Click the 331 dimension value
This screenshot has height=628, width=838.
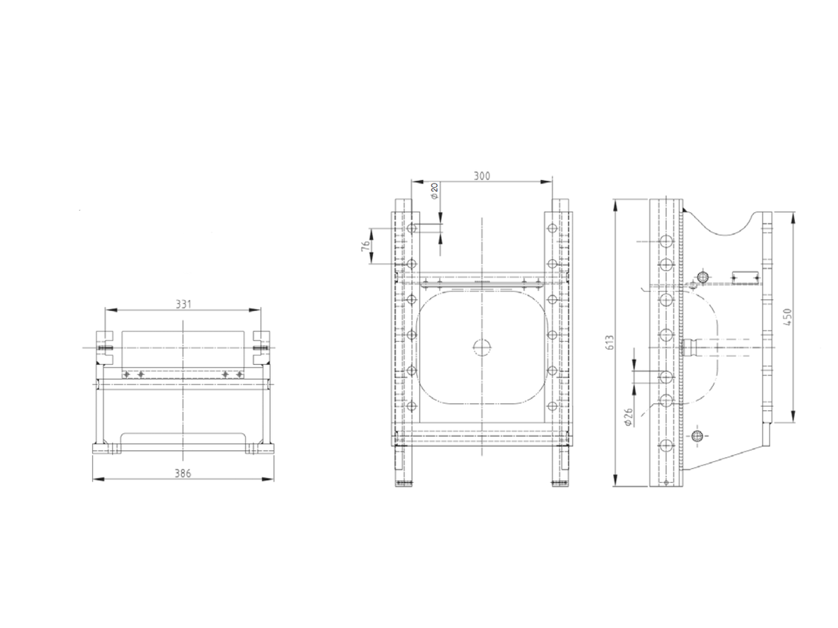pyautogui.click(x=182, y=304)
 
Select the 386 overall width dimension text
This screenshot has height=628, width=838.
pyautogui.click(x=182, y=472)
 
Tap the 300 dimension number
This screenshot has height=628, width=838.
pyautogui.click(x=482, y=176)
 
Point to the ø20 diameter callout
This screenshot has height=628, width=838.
pyautogui.click(x=434, y=190)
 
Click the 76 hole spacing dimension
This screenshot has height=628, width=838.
pyautogui.click(x=365, y=246)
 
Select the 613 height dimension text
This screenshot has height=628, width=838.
pyautogui.click(x=609, y=342)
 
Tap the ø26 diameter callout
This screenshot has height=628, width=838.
pyautogui.click(x=628, y=417)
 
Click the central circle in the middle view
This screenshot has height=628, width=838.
pyautogui.click(x=482, y=347)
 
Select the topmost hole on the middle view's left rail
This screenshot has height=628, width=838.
pyautogui.click(x=411, y=228)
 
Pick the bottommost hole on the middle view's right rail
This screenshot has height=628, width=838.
pyautogui.click(x=552, y=406)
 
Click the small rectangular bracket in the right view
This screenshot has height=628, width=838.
pyautogui.click(x=745, y=277)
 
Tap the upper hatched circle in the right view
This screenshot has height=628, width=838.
pyautogui.click(x=703, y=277)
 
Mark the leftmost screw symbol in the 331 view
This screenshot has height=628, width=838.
pyautogui.click(x=126, y=375)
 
